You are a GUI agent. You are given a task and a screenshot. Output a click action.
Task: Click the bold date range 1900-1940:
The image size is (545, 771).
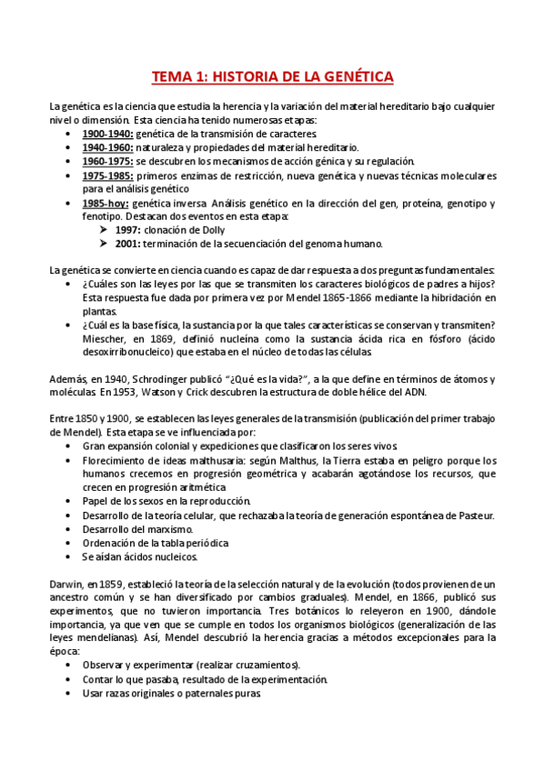(x=106, y=134)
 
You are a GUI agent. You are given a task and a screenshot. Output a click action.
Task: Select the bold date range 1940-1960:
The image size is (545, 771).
(x=106, y=147)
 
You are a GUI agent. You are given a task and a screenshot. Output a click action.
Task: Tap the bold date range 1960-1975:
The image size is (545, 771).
(x=106, y=161)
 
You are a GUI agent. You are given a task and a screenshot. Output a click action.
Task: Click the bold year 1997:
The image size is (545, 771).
(x=130, y=230)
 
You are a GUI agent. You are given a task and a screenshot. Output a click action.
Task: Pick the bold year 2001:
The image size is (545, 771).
(x=130, y=244)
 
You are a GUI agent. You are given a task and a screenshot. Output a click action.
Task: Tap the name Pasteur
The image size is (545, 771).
(x=472, y=516)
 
